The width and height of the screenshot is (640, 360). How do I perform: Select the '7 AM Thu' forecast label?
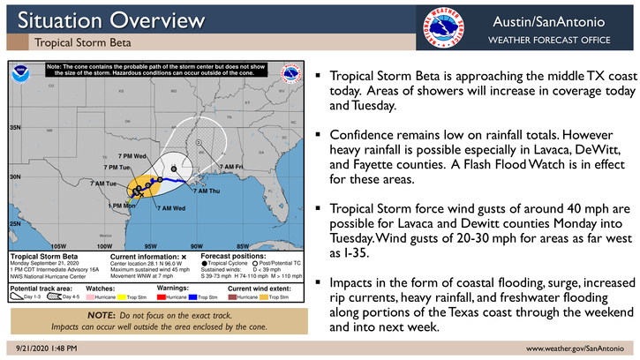[207, 191]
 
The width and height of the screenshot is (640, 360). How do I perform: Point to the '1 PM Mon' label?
[121, 206]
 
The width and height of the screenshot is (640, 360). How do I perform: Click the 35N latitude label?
[16, 128]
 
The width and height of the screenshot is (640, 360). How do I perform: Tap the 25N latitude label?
[16, 224]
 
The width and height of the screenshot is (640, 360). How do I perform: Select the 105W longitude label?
[59, 245]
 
